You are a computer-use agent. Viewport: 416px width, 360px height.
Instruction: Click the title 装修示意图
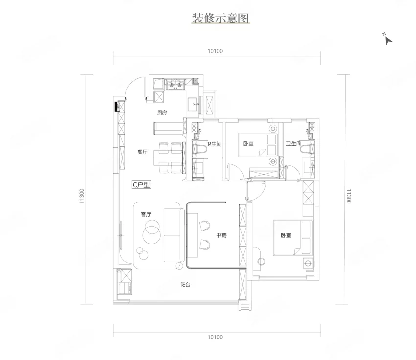tap(220, 18)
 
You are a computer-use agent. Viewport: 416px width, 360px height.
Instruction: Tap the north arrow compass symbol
tap(388, 39)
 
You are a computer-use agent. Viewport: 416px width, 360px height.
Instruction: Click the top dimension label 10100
tap(215, 51)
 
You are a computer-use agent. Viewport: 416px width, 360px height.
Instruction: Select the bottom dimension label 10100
tap(215, 337)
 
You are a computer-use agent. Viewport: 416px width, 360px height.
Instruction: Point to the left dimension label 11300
tap(82, 196)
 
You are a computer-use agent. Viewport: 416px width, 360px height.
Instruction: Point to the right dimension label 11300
tap(348, 197)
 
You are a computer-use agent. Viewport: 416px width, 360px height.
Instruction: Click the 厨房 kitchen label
tap(162, 112)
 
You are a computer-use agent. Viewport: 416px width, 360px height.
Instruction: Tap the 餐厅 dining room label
tap(142, 152)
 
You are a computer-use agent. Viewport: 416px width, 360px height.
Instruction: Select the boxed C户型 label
tap(141, 184)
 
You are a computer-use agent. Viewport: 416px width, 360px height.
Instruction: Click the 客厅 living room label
tap(146, 214)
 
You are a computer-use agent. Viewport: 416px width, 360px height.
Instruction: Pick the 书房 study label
tap(222, 235)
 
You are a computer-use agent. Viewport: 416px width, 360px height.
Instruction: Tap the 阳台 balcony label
tap(185, 285)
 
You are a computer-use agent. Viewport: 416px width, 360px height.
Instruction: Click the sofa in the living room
tap(174, 235)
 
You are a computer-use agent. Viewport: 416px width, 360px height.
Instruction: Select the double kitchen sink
tap(175, 85)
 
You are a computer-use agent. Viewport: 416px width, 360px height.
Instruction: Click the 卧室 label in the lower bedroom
tap(286, 235)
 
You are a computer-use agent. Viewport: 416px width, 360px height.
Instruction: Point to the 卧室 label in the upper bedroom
tap(248, 144)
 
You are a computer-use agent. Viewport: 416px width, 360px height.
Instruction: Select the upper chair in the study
tap(204, 226)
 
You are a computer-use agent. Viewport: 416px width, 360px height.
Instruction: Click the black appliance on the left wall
tap(116, 107)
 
